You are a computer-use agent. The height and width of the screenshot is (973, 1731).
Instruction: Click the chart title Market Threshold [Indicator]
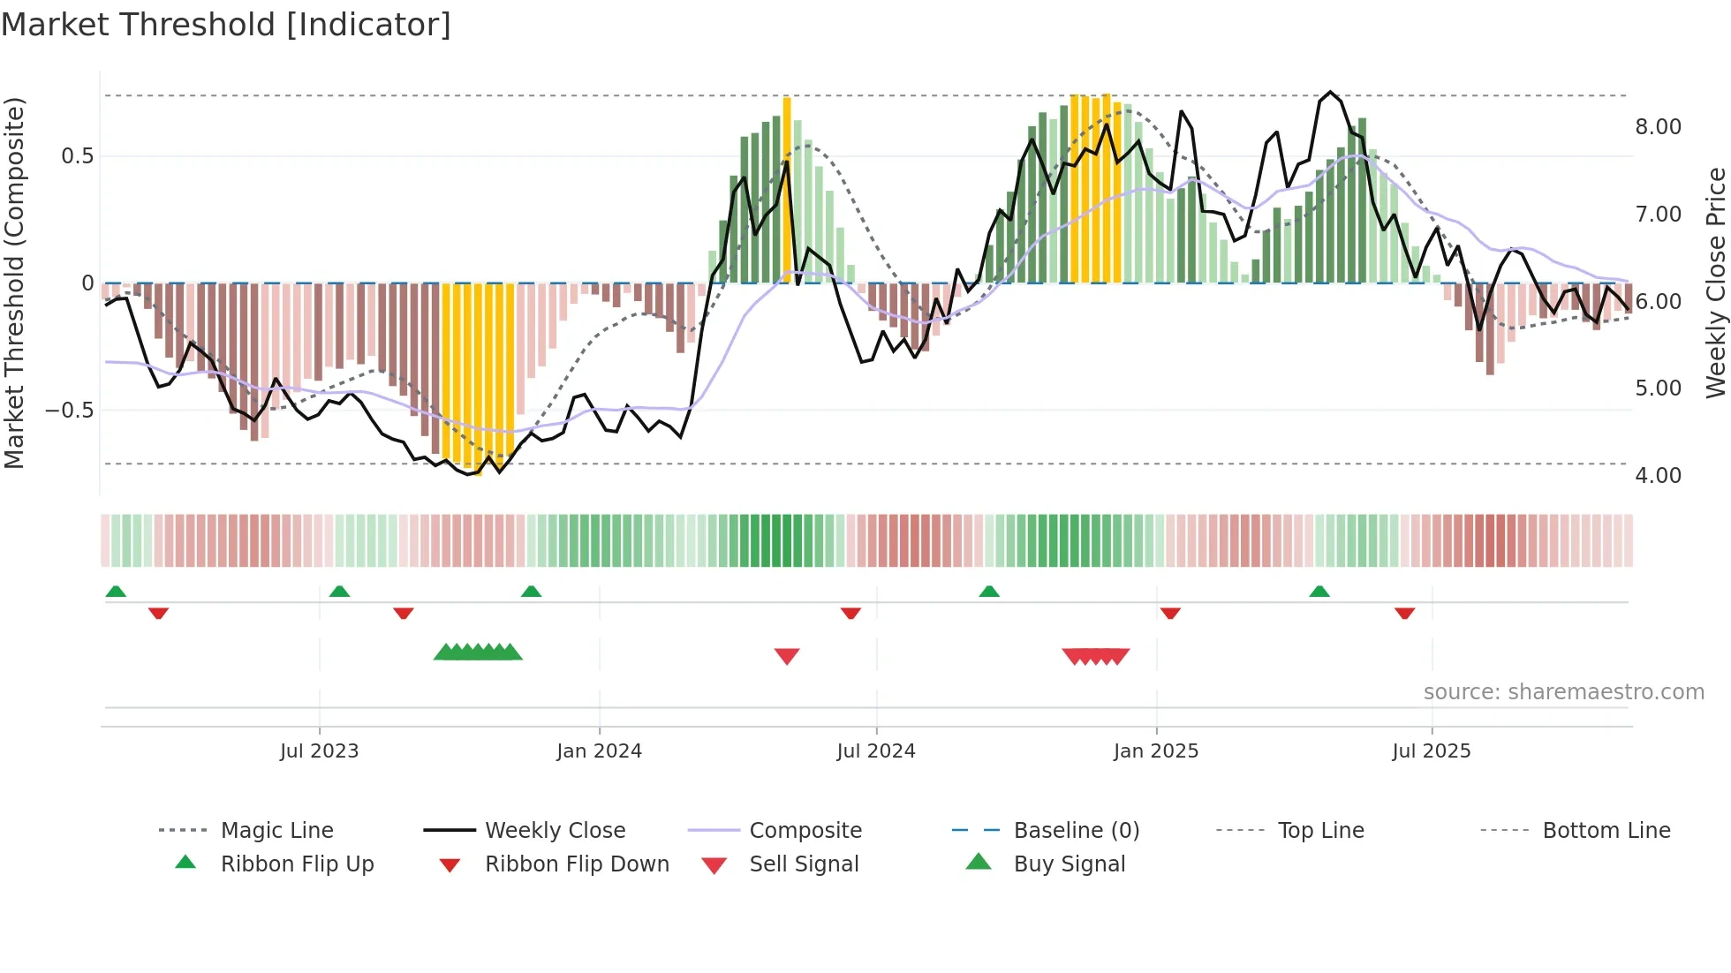226,25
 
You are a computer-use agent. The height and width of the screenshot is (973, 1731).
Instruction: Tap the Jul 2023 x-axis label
319,751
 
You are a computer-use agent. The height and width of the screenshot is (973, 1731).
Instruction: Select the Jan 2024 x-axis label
599,751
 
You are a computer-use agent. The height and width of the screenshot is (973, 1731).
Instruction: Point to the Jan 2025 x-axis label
1155,751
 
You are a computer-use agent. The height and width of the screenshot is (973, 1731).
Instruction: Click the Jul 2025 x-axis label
1431,751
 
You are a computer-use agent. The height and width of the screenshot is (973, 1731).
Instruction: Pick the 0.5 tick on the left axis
77,156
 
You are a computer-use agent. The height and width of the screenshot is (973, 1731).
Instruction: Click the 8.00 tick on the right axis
1658,127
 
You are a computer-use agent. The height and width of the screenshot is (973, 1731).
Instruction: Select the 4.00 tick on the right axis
1658,476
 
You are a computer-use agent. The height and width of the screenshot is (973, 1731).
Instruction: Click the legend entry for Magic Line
276,831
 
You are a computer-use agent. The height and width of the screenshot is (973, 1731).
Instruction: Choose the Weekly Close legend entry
555,831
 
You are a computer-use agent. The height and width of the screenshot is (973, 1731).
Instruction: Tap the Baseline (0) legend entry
1076,831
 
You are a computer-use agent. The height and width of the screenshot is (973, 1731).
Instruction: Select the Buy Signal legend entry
1069,864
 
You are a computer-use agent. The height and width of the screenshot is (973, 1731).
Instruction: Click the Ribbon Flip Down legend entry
576,864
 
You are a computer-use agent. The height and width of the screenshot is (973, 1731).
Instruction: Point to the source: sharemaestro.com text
1563,692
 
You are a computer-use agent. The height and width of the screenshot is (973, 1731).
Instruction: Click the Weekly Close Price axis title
1715,283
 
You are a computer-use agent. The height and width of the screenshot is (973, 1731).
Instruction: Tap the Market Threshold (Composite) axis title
14,283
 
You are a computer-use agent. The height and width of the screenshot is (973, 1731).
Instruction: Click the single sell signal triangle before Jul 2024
786,656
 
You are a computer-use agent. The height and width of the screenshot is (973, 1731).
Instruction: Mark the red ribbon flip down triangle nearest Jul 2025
1404,613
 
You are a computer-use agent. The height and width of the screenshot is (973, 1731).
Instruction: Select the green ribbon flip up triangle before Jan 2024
531,592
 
